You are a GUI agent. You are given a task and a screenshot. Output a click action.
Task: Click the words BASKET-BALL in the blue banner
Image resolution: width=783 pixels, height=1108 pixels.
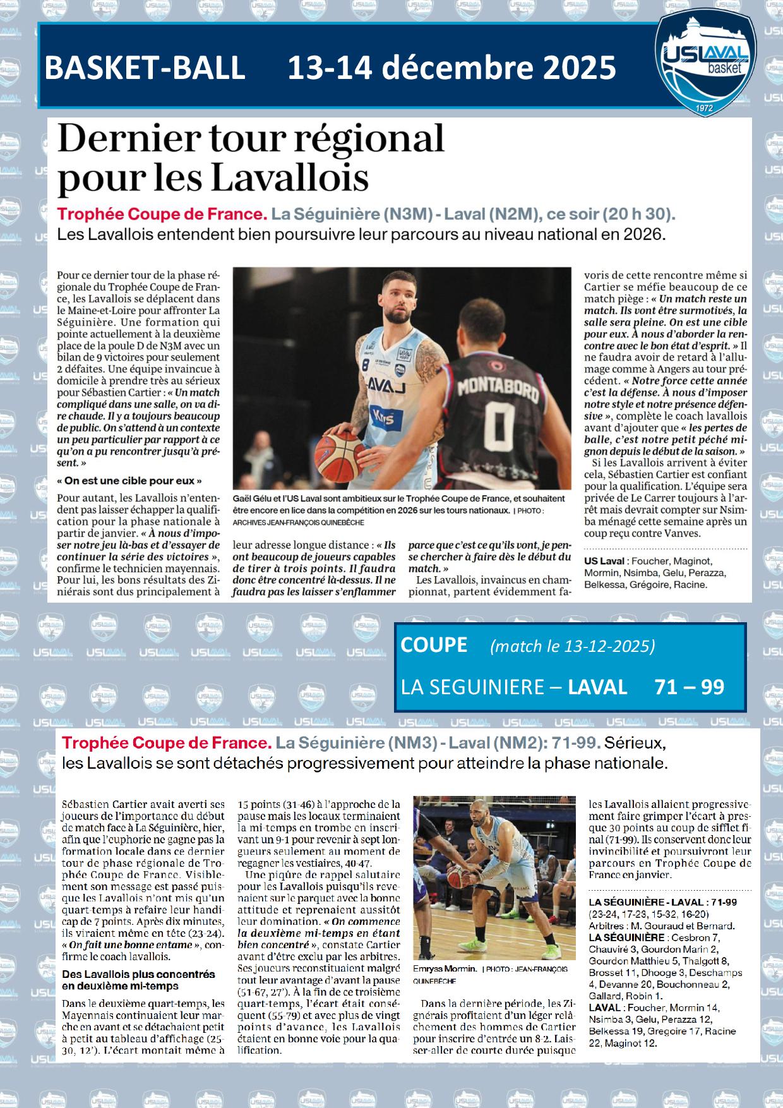pyautogui.click(x=145, y=68)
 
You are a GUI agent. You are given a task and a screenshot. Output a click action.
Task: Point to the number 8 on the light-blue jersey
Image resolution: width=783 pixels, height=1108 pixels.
pyautogui.click(x=366, y=364)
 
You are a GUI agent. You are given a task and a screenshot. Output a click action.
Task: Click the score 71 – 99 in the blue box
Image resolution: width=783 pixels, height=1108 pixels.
pyautogui.click(x=690, y=687)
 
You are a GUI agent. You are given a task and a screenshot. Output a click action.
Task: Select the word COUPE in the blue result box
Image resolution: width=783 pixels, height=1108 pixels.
pyautogui.click(x=434, y=644)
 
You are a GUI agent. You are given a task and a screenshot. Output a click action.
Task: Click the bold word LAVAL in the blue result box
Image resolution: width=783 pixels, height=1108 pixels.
pyautogui.click(x=597, y=687)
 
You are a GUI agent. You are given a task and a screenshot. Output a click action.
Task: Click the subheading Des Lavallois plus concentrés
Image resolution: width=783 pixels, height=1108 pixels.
pyautogui.click(x=138, y=974)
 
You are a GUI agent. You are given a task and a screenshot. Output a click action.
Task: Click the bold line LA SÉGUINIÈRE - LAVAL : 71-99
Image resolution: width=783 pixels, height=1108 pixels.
pyautogui.click(x=662, y=901)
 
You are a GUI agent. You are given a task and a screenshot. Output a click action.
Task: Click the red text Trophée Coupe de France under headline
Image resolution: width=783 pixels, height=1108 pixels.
pyautogui.click(x=162, y=214)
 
